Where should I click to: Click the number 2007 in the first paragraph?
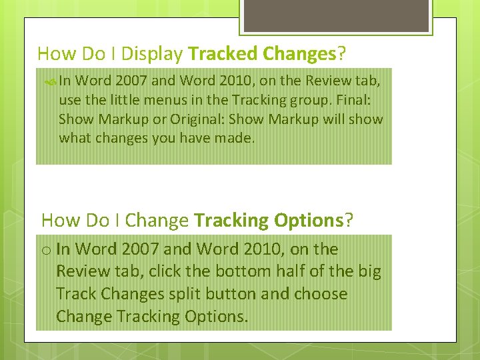point(133,81)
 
